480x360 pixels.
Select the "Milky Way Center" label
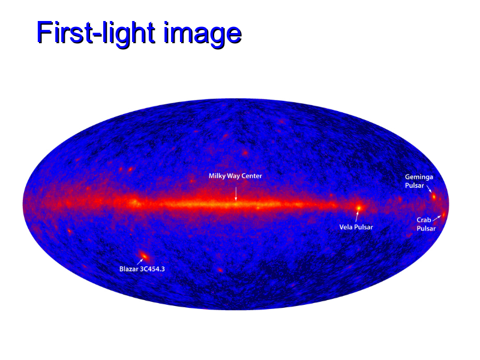click(235, 176)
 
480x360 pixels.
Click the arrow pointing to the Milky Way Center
click(236, 193)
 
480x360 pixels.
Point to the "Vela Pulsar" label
click(356, 227)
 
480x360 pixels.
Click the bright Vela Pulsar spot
click(359, 208)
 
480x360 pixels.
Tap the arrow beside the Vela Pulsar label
click(357, 216)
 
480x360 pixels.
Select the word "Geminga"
click(419, 177)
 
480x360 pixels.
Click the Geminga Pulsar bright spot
click(434, 197)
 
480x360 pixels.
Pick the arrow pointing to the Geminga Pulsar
click(429, 188)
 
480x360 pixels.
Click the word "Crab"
click(424, 220)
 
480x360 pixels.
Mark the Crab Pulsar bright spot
click(443, 214)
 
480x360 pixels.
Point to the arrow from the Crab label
click(437, 218)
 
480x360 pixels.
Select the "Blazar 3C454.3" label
click(142, 269)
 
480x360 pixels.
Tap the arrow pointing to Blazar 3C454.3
click(140, 262)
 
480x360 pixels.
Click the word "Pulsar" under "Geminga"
click(415, 185)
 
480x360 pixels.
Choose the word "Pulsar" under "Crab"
click(426, 229)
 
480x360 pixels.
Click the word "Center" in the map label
click(251, 176)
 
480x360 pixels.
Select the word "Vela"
click(346, 227)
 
